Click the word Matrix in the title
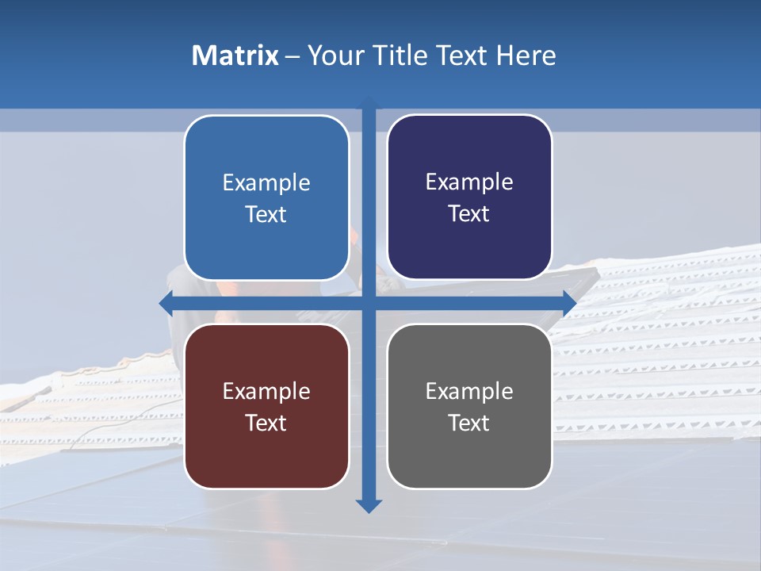click(235, 56)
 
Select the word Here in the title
click(526, 56)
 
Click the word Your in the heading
click(335, 56)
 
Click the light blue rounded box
click(266, 197)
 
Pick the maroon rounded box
click(266, 406)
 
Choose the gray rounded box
click(469, 406)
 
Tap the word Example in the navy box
click(469, 182)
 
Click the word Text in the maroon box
click(266, 423)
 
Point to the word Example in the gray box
click(469, 391)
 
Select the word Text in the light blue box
click(266, 214)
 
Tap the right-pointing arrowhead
click(568, 303)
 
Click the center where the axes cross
click(369, 303)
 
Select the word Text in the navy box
click(469, 213)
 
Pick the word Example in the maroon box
click(266, 391)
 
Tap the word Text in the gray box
click(469, 423)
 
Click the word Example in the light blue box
click(266, 183)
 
